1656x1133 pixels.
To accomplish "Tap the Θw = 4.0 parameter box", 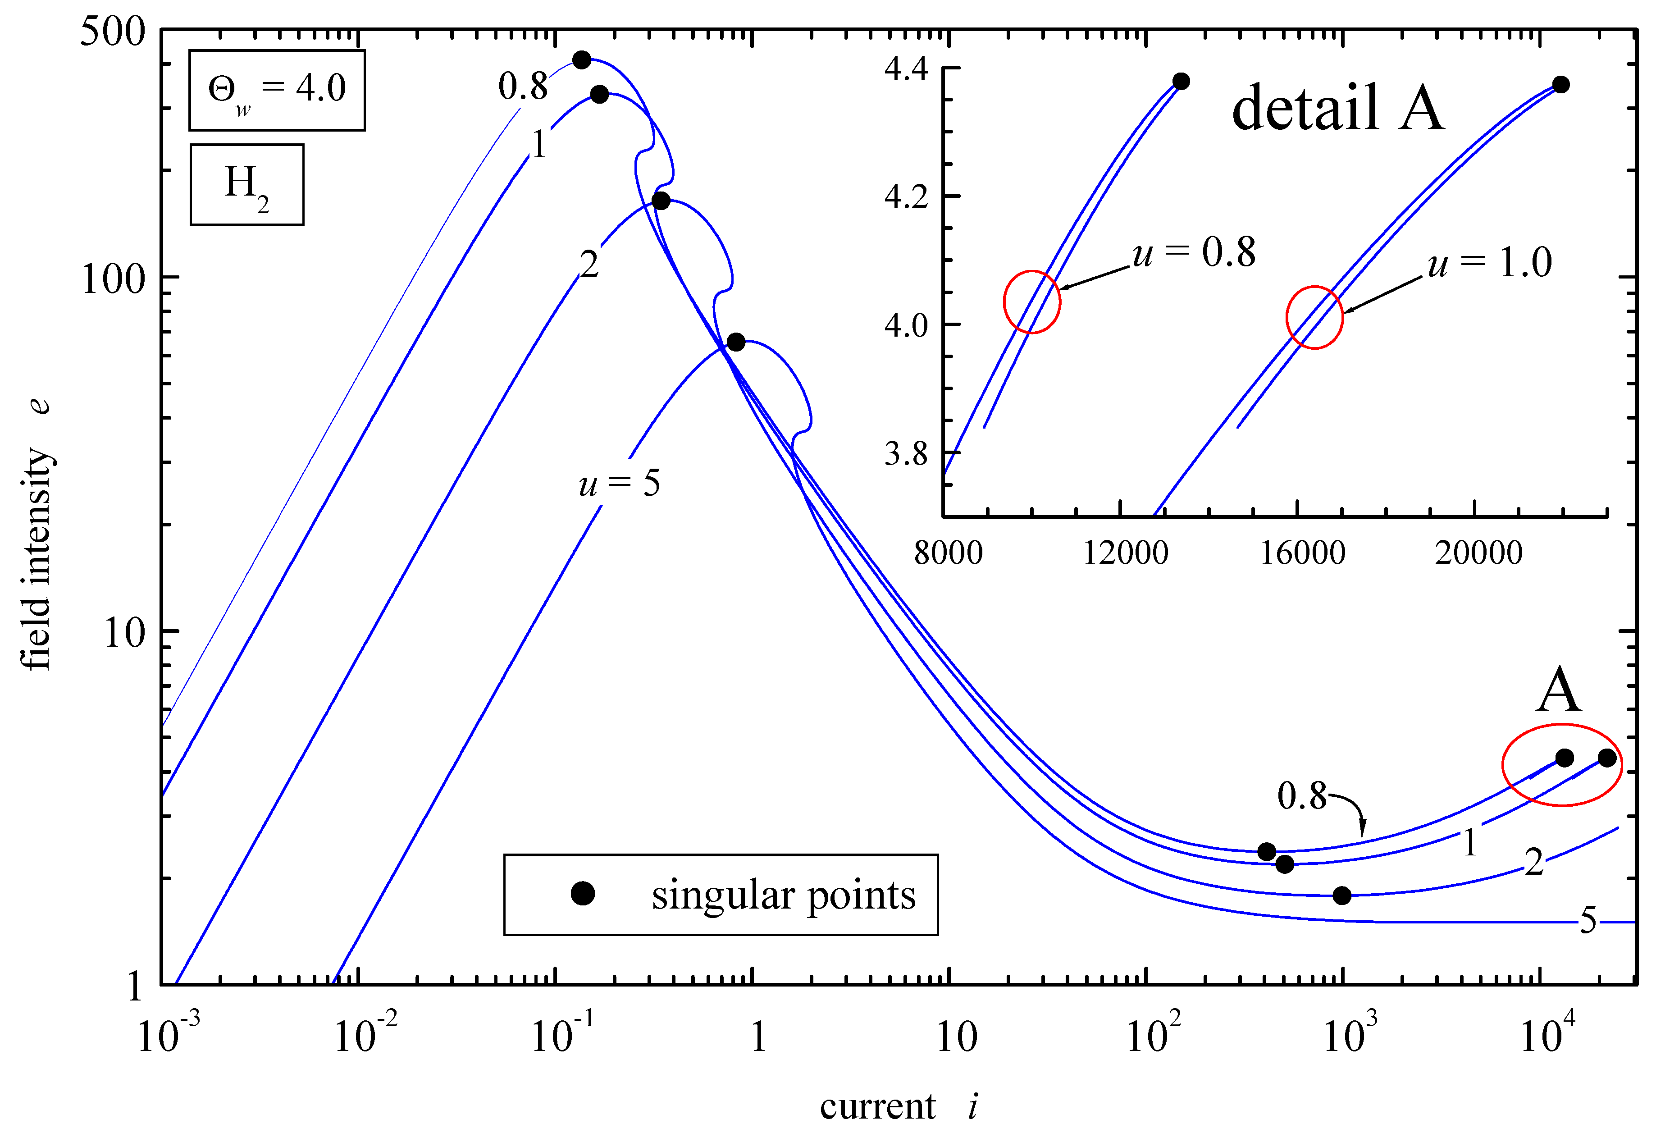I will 277,91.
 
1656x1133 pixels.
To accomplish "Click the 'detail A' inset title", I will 1337,108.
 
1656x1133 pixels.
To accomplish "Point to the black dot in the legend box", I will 583,894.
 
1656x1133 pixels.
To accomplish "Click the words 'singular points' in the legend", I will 783,895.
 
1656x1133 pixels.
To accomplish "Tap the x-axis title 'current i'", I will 898,1106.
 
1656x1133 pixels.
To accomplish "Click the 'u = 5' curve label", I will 619,484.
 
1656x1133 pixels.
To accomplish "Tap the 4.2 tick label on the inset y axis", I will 906,196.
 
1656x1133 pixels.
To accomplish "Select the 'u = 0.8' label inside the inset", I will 1194,252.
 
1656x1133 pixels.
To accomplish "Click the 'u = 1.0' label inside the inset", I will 1489,263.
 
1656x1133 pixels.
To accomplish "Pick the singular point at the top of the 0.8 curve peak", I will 582,60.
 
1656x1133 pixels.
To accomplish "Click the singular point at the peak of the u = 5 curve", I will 736,342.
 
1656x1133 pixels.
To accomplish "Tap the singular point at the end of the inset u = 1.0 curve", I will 1560,85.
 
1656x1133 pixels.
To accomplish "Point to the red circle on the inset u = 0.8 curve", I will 1032,302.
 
